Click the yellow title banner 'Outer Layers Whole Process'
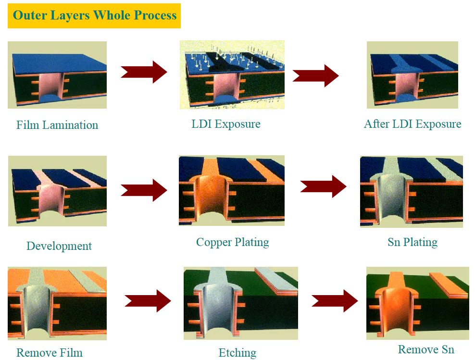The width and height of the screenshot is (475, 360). coord(94,16)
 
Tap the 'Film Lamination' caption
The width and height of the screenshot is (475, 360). coord(57,125)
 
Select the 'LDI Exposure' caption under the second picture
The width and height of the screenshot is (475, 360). coord(226,124)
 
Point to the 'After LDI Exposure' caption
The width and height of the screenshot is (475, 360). coord(412,124)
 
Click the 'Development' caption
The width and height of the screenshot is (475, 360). coord(59,246)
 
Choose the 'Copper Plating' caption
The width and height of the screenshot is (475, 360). coord(233,242)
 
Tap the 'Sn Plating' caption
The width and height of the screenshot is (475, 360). coord(412,242)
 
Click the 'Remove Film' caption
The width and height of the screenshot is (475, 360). coord(50,353)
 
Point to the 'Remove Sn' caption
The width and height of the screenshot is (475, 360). coord(426,349)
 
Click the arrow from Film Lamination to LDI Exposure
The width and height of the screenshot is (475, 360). coord(144,72)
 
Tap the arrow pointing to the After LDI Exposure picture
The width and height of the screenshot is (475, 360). coord(316,75)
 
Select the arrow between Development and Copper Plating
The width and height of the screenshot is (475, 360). coord(144,190)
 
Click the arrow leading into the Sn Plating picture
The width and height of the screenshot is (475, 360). coord(324,186)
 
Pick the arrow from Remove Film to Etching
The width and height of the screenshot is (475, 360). coord(148,301)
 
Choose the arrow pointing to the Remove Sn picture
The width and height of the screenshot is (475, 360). coord(335,301)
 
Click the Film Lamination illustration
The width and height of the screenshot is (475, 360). coord(57,75)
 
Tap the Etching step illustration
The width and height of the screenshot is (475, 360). coord(241,303)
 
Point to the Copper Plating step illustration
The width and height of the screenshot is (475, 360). coord(232,190)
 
